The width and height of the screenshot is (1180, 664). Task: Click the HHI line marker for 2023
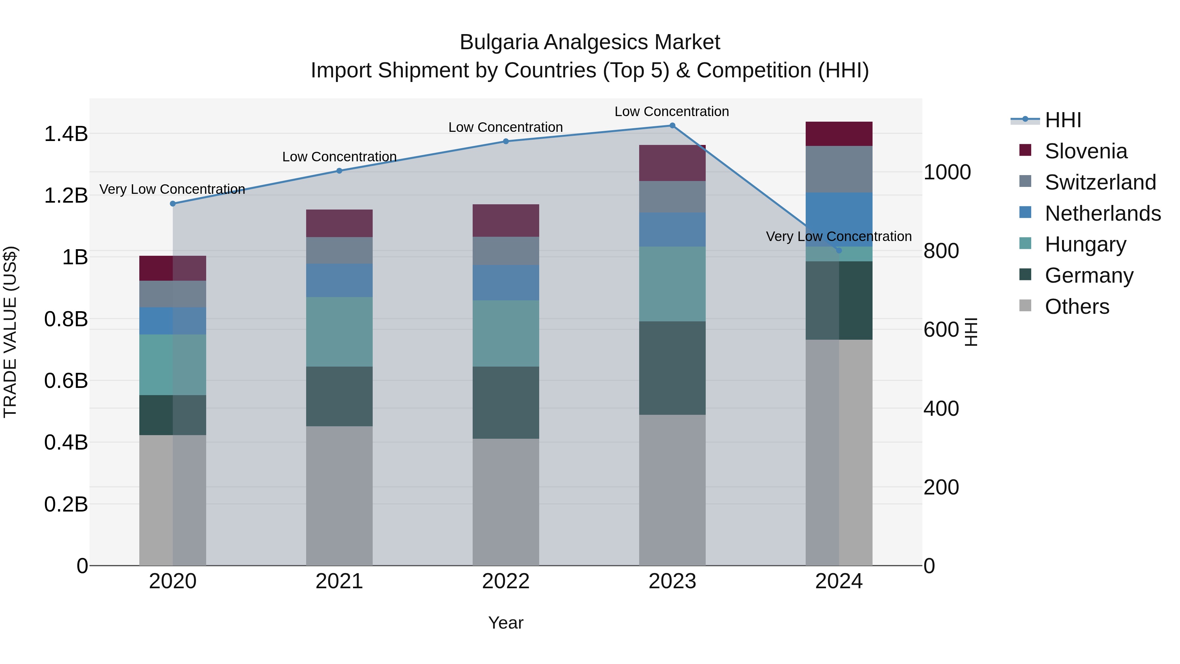click(672, 126)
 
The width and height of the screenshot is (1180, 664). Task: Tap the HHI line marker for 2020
click(173, 203)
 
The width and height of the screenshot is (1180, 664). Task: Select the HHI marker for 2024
click(839, 251)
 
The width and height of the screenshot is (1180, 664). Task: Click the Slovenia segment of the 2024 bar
click(839, 134)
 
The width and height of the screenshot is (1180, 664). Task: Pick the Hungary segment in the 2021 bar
click(339, 332)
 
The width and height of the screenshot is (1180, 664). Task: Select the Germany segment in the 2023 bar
click(672, 368)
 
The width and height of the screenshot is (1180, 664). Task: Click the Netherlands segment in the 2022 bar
click(506, 283)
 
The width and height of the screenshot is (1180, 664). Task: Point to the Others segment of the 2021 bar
click(339, 496)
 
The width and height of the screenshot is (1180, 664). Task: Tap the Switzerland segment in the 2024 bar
click(839, 169)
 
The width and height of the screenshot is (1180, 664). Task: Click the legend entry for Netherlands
click(1102, 213)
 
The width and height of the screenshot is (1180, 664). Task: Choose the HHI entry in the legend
click(1063, 120)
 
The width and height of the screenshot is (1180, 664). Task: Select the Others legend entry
click(1076, 307)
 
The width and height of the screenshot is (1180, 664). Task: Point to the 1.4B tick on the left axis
click(66, 134)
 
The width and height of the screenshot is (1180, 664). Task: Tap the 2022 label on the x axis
click(506, 581)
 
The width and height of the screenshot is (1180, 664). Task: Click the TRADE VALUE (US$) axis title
click(10, 332)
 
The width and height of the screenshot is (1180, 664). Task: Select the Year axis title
click(506, 623)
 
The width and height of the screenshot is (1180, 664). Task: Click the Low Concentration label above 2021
click(339, 157)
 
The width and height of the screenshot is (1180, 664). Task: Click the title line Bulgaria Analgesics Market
click(590, 42)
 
